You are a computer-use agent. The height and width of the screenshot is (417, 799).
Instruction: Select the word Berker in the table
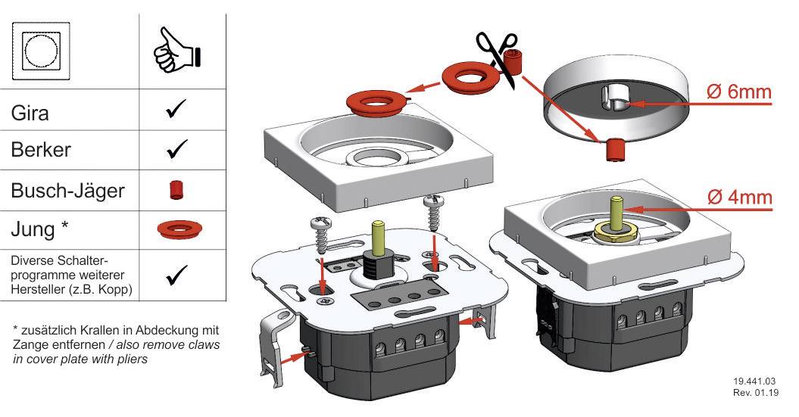click(42, 149)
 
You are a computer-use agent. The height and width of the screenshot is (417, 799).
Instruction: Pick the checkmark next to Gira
click(176, 110)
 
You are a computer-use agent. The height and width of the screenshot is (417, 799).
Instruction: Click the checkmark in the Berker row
click(176, 150)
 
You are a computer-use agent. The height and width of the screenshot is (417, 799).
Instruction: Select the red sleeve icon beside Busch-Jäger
click(176, 189)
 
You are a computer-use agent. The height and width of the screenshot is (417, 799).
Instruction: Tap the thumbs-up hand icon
click(177, 51)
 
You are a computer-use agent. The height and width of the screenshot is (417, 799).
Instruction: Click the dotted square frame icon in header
click(42, 50)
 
